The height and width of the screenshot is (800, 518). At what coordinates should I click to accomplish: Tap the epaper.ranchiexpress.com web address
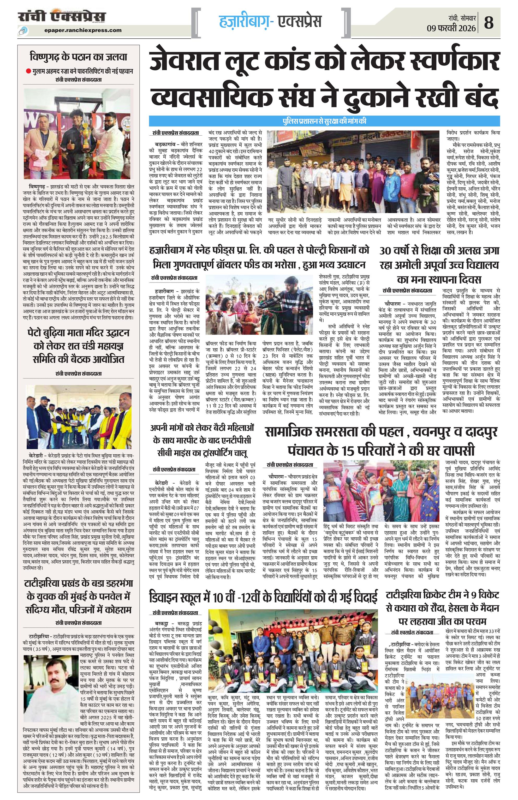[x=83, y=30]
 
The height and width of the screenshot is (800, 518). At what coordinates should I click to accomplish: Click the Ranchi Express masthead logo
[x=62, y=17]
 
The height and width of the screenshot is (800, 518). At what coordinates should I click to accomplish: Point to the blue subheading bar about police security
[x=325, y=121]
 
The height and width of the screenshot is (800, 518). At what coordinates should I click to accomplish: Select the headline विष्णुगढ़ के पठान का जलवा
[x=78, y=57]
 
